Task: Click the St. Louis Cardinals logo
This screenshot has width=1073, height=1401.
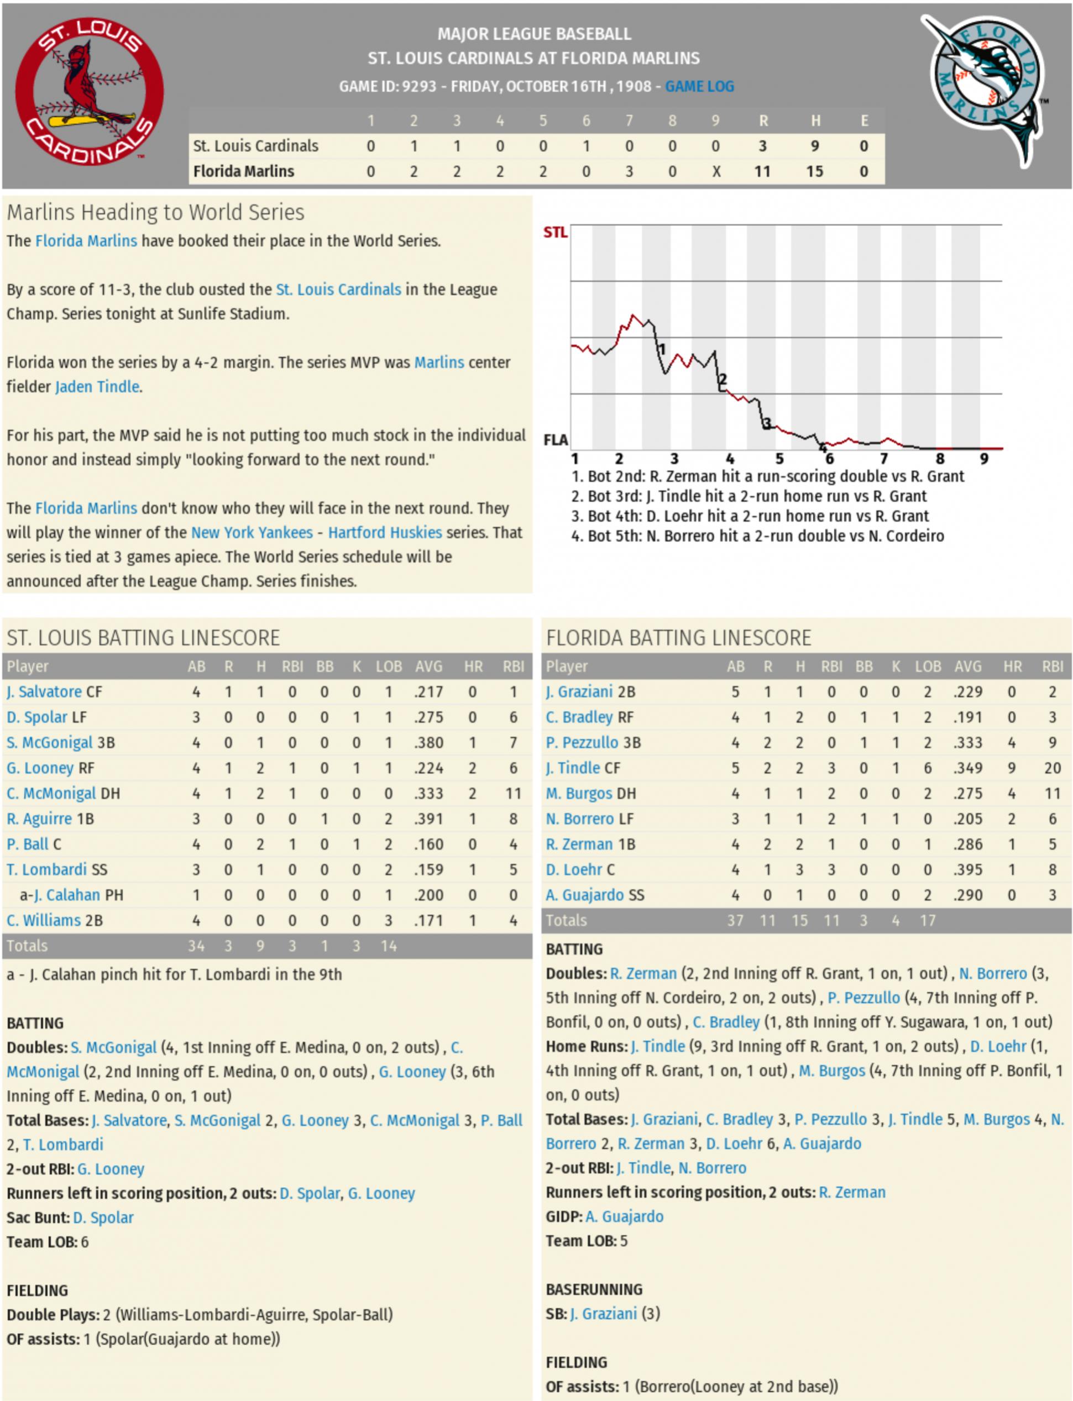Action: (x=90, y=91)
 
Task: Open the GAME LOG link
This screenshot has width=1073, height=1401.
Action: (x=699, y=86)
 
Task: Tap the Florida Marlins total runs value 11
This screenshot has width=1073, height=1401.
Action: (x=762, y=171)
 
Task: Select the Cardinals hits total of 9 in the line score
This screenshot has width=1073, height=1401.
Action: (x=814, y=146)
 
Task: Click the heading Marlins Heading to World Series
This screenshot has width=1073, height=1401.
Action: (x=156, y=212)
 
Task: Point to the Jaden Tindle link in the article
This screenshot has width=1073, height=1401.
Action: (x=97, y=386)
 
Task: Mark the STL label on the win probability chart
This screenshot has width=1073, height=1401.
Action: (x=555, y=233)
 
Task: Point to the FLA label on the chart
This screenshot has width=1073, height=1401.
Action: (x=555, y=440)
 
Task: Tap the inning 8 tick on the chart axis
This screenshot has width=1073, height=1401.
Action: (x=940, y=459)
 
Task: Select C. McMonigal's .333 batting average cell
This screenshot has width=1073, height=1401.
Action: (x=428, y=793)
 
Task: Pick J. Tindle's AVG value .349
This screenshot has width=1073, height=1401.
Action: (x=967, y=768)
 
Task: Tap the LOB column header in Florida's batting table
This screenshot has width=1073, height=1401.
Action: (x=928, y=667)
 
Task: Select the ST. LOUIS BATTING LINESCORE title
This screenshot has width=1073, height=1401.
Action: (x=144, y=637)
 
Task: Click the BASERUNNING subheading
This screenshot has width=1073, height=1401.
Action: (x=594, y=1289)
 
